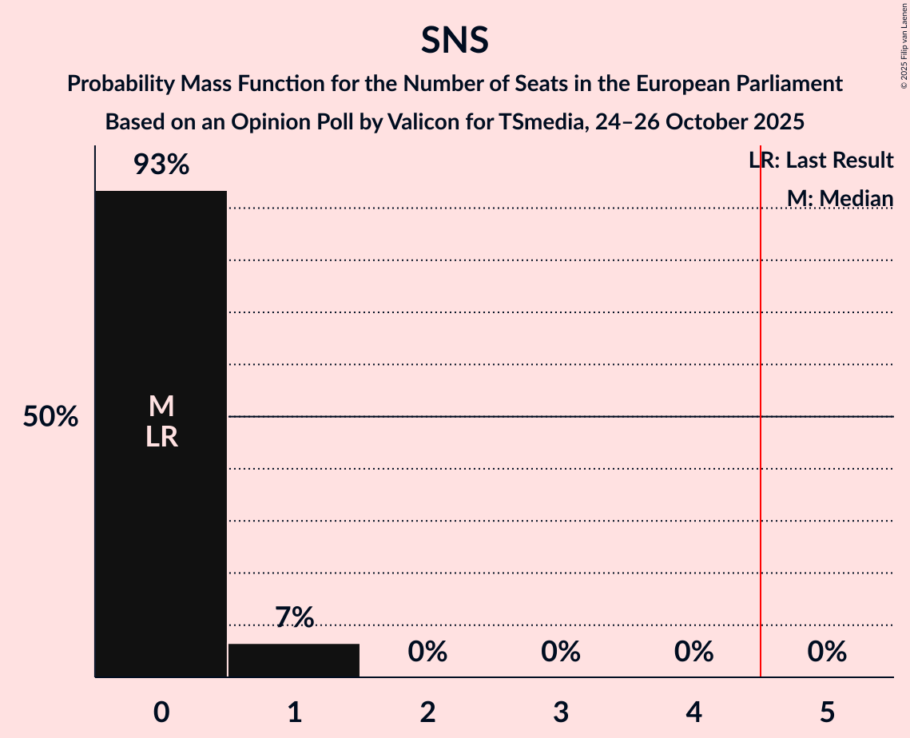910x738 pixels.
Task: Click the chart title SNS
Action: (x=455, y=40)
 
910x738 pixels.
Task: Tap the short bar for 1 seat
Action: (x=294, y=661)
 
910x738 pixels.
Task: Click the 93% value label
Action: (x=161, y=165)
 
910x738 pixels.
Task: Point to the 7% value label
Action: (x=294, y=617)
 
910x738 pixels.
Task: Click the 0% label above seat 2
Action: (x=427, y=652)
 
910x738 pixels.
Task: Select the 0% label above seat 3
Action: (x=561, y=652)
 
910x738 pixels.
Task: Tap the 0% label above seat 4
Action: (x=693, y=652)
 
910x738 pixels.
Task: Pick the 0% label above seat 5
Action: (x=827, y=652)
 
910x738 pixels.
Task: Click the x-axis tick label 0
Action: (x=161, y=712)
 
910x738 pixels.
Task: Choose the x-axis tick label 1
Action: (x=294, y=712)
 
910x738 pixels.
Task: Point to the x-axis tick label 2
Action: (x=427, y=712)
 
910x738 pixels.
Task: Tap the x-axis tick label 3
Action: (x=561, y=712)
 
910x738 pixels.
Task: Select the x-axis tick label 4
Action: (x=693, y=712)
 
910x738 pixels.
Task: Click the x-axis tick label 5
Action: (x=827, y=712)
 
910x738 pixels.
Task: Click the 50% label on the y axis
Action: (x=50, y=417)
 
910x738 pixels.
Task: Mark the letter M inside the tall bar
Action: (x=161, y=407)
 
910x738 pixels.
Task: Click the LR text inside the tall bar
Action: (x=161, y=437)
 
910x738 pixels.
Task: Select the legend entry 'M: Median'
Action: (x=840, y=197)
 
